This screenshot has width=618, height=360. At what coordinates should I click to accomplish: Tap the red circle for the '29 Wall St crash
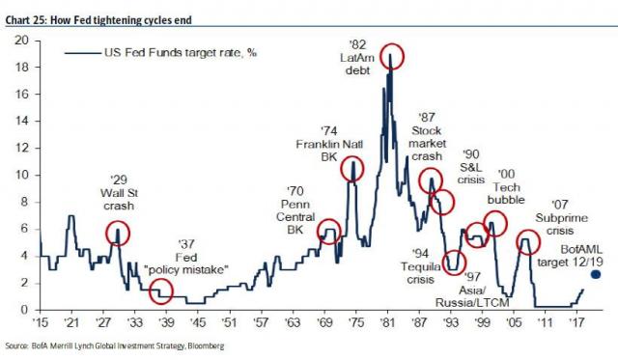click(118, 232)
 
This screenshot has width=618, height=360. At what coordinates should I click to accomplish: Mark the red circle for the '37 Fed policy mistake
click(160, 290)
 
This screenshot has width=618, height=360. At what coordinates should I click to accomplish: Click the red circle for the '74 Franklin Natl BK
click(352, 169)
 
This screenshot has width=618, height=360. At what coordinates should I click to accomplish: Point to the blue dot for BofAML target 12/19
click(595, 274)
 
